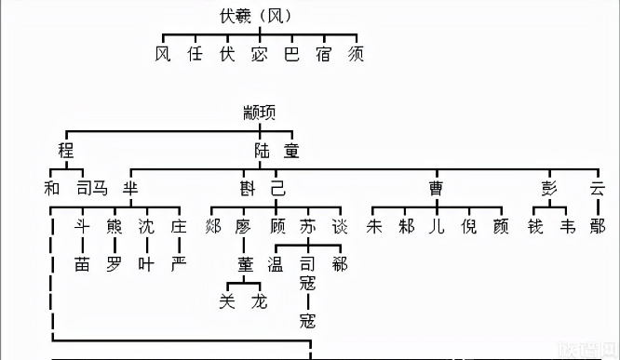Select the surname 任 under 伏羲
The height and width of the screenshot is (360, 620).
pos(194,54)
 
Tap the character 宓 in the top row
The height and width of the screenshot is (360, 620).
pos(259,54)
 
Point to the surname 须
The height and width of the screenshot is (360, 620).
pos(355,54)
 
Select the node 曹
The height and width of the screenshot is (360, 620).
pos(436,188)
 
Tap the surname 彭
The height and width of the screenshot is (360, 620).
pos(547,188)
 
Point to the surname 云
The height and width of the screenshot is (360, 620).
pos(598,188)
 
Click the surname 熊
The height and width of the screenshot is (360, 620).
pos(115,226)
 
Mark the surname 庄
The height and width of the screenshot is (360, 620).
pos(178,226)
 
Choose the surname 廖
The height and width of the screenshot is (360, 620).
pos(244,226)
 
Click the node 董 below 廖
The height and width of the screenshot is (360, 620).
pos(245,264)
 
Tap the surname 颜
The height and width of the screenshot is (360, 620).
pos(502,226)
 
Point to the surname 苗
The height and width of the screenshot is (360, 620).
pos(83,264)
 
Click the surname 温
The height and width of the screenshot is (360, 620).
pos(276,264)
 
